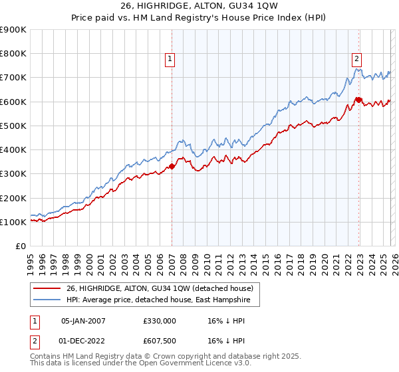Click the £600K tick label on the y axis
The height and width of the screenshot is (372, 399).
pos(13,102)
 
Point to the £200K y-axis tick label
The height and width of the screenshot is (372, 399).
pos(13,198)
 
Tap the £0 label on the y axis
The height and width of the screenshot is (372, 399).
pos(20,246)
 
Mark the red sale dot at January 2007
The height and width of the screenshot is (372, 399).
pos(172,167)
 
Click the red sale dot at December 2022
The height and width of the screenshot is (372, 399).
pos(358,100)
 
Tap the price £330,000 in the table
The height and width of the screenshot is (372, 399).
pos(159,320)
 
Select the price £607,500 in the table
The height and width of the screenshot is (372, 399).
pos(159,340)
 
